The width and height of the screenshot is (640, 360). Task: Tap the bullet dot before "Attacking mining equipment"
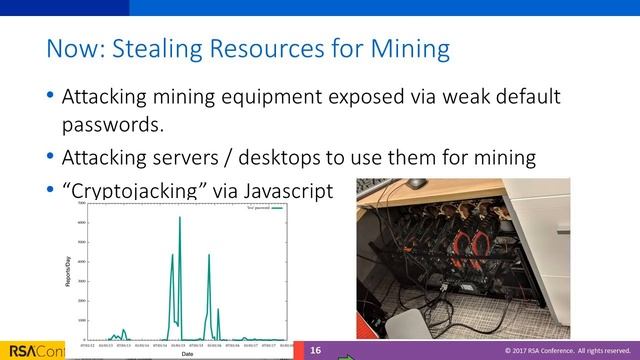[50, 98]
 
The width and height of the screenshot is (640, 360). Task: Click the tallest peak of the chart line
[180, 217]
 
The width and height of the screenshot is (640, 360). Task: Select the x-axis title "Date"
[187, 353]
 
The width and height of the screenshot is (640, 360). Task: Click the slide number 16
[315, 350]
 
